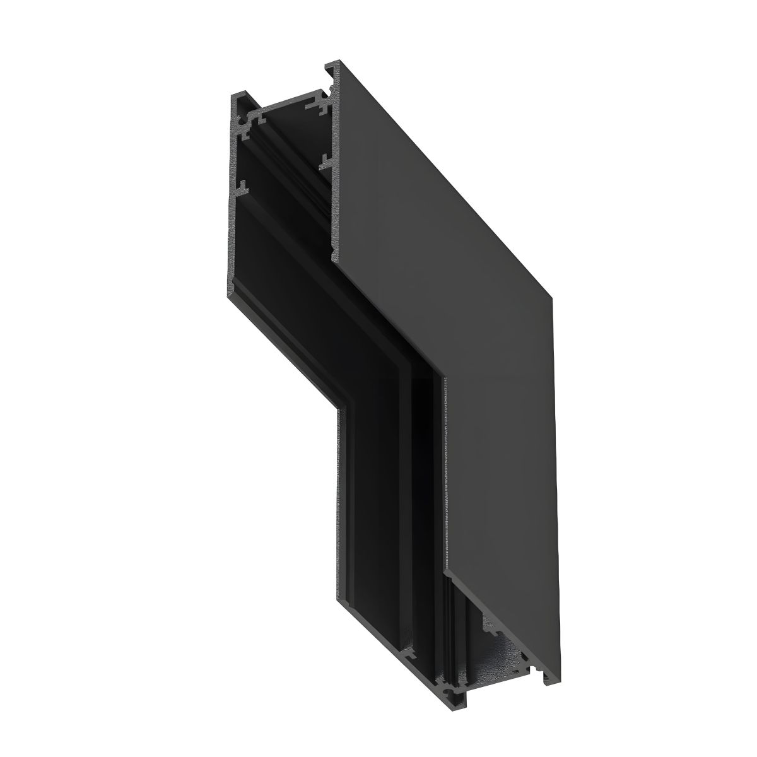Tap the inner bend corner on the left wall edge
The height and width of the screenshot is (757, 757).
(338, 410)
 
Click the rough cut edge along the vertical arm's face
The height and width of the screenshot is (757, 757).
(446, 473)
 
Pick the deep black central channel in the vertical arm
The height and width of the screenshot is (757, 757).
(420, 505)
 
